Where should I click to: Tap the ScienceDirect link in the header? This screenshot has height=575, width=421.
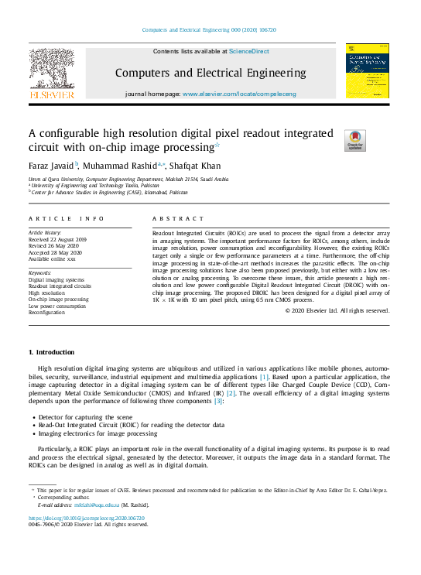pyautogui.click(x=248, y=51)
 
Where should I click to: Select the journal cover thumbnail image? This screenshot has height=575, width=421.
pyautogui.click(x=367, y=70)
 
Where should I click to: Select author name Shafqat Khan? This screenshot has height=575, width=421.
pyautogui.click(x=200, y=166)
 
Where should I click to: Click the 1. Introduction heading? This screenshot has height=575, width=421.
pyautogui.click(x=53, y=353)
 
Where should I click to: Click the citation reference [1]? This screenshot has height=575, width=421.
pyautogui.click(x=264, y=376)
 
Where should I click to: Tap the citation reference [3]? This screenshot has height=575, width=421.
pyautogui.click(x=219, y=401)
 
